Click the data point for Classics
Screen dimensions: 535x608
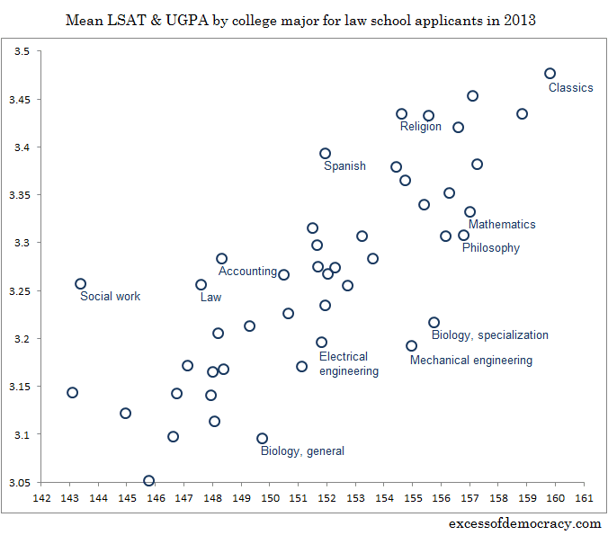550,74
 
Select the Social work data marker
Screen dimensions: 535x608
80,284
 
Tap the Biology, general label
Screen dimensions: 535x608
302,451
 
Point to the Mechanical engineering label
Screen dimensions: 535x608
470,361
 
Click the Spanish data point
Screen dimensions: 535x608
325,154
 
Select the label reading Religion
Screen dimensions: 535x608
420,127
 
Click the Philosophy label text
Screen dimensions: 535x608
490,248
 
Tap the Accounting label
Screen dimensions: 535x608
247,272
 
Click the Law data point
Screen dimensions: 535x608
201,285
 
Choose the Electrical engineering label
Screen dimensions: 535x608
348,364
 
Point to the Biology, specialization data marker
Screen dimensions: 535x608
434,323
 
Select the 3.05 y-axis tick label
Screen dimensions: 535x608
19,483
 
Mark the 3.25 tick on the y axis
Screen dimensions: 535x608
19,291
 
